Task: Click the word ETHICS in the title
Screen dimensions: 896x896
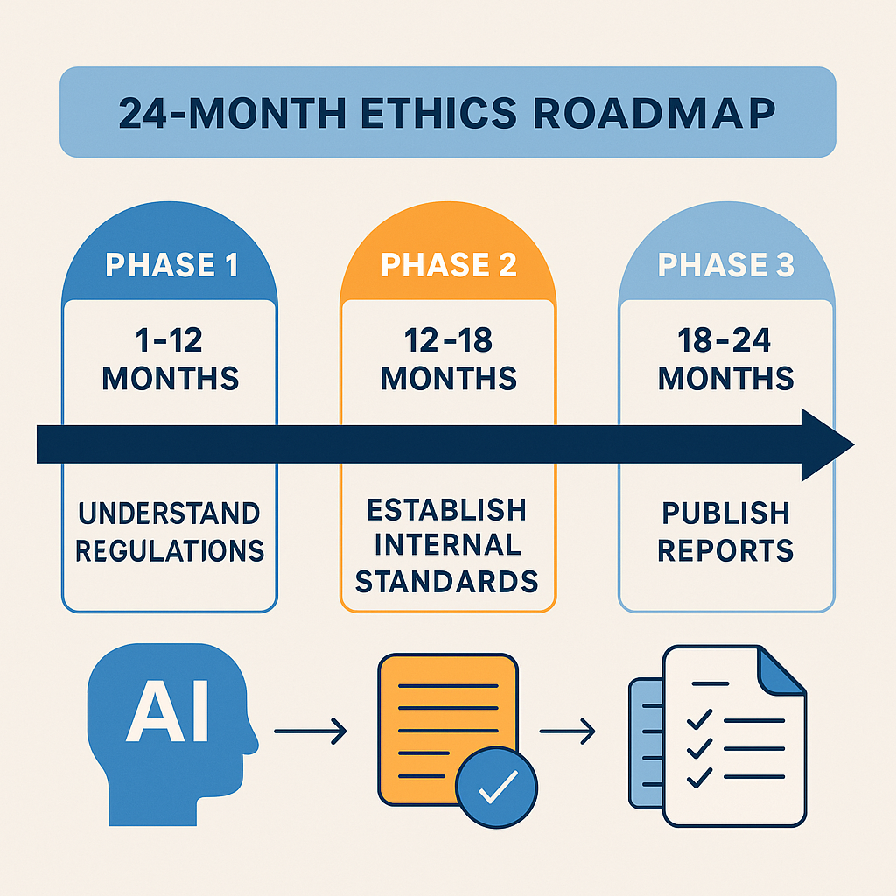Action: (x=438, y=113)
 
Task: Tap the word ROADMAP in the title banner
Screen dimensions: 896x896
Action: (x=654, y=113)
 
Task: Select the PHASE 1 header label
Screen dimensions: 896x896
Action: (x=171, y=264)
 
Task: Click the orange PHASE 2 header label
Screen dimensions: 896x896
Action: (x=449, y=264)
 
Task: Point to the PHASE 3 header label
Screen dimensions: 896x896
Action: (x=725, y=264)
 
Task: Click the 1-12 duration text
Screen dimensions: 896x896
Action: (x=169, y=340)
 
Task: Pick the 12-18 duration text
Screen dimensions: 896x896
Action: (x=448, y=340)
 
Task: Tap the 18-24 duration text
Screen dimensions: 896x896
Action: (x=724, y=340)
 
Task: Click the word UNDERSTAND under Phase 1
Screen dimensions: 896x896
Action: (x=169, y=513)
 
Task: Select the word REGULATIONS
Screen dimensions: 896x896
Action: (x=170, y=551)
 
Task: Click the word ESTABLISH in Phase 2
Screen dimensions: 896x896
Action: (x=446, y=510)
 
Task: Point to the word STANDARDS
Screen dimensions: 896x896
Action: (x=447, y=581)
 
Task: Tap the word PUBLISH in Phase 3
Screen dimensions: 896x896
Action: (x=725, y=513)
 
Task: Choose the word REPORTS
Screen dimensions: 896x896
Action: (x=725, y=551)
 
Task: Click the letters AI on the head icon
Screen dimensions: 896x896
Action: (x=168, y=710)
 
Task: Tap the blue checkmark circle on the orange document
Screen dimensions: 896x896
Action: (x=497, y=787)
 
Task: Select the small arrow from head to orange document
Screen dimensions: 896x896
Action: (x=311, y=731)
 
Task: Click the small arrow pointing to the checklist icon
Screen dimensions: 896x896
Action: (x=567, y=731)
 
